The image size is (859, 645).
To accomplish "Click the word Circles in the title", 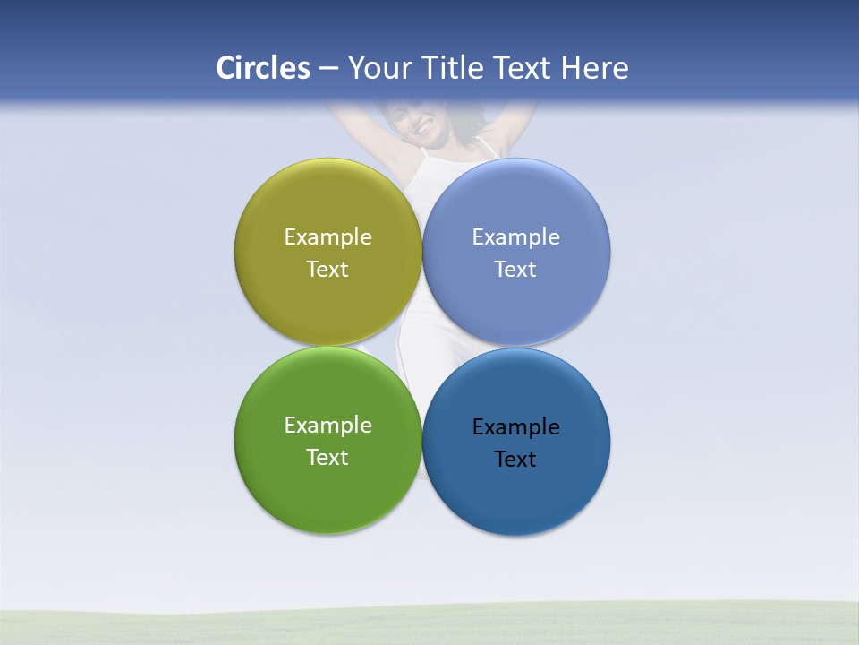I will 262,68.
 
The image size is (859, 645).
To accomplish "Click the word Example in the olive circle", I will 327,237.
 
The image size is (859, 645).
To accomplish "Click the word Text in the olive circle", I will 327,270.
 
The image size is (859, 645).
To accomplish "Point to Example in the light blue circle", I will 516,237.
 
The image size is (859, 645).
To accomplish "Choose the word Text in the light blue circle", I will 516,270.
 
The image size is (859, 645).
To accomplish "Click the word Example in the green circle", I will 327,426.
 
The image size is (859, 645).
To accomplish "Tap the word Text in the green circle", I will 327,458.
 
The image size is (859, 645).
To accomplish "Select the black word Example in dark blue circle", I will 516,427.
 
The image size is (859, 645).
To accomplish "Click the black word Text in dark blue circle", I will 516,460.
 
